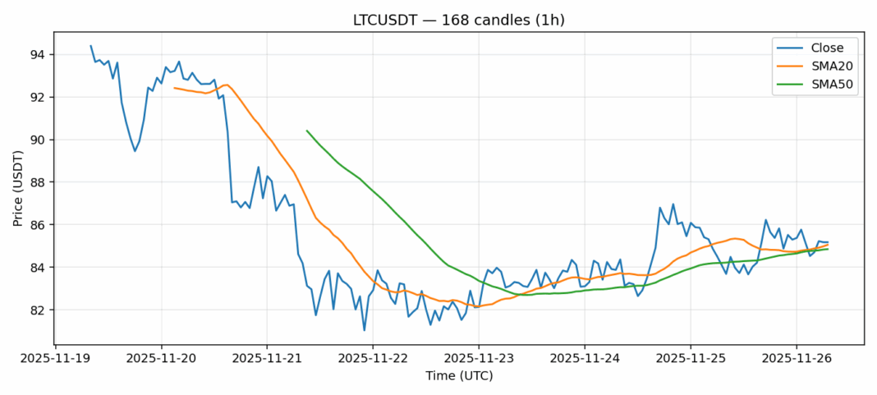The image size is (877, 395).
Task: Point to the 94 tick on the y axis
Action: (x=38, y=55)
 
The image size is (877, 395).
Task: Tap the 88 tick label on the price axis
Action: (x=38, y=182)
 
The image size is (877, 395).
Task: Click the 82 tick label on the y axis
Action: (x=38, y=310)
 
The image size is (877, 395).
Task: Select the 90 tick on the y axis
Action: (x=38, y=140)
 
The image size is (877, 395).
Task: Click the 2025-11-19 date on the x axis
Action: (x=55, y=358)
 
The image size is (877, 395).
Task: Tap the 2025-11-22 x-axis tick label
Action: (x=373, y=358)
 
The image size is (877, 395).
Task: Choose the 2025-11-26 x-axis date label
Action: (x=797, y=358)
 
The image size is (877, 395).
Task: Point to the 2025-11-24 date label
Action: (x=585, y=358)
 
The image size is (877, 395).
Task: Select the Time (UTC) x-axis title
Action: (x=458, y=375)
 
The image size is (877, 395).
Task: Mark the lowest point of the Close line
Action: (x=364, y=330)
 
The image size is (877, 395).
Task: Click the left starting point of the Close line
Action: (x=90, y=46)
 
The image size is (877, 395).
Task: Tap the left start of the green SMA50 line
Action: (x=307, y=131)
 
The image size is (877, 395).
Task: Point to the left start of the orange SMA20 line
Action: (x=174, y=88)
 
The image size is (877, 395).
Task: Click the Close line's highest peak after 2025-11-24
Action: (x=673, y=204)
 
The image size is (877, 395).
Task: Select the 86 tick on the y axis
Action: (x=38, y=225)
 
